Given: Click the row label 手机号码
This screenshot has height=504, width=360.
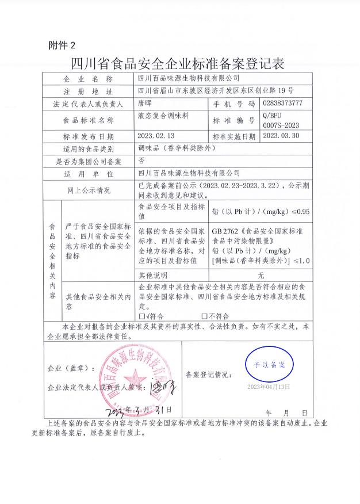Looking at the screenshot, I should tap(233, 104).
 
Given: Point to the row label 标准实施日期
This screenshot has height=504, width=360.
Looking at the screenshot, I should tap(233, 137).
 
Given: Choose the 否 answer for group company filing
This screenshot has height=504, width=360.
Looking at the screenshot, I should tap(141, 162).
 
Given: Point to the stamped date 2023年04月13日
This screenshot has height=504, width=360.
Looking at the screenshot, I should tap(269, 386).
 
